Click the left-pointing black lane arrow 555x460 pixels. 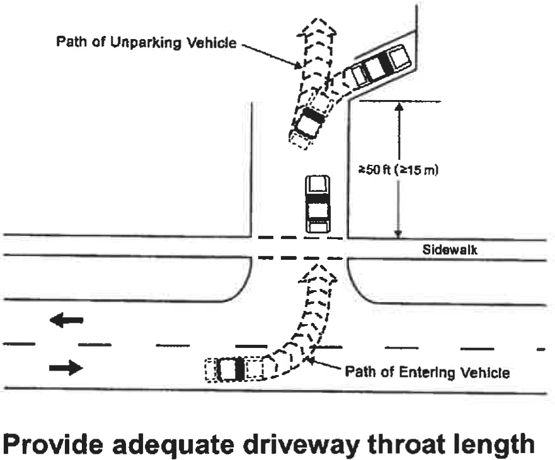coord(66,321)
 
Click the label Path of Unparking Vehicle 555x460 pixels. coord(146,43)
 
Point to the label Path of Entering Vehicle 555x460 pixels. coord(426,372)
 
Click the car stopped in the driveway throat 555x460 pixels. coord(318,204)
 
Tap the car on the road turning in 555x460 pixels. coord(231,369)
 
